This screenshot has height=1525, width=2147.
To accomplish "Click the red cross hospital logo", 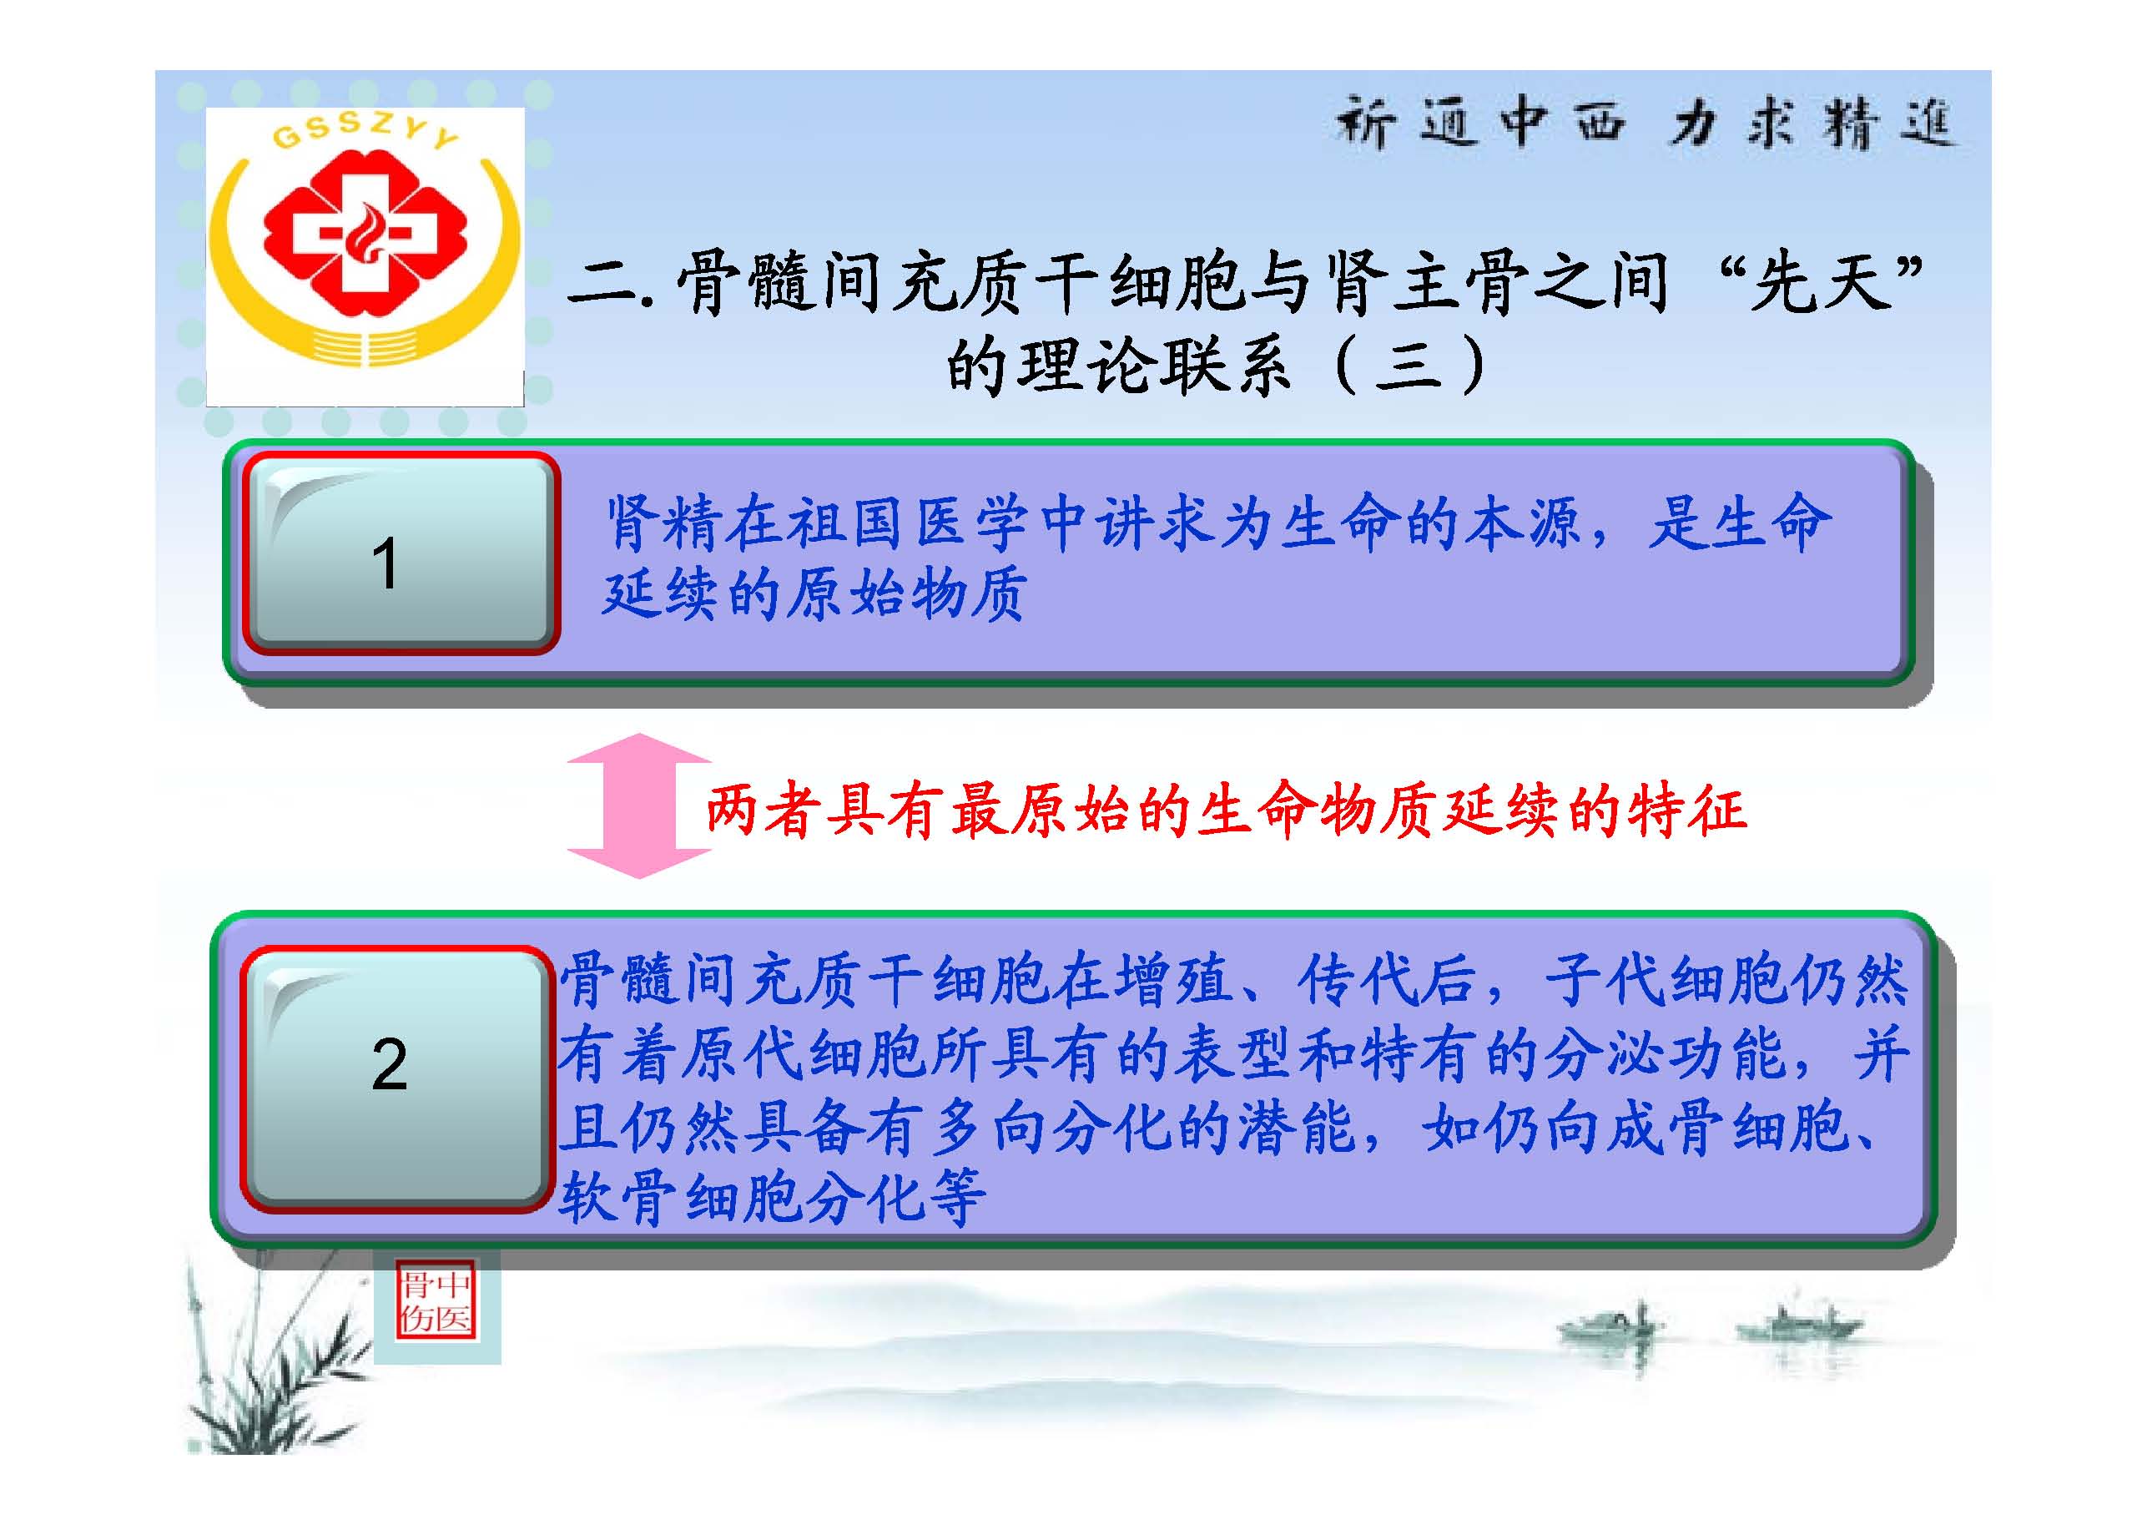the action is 365,234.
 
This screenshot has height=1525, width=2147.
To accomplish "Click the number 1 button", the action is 402,554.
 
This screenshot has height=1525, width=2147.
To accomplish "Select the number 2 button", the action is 397,1078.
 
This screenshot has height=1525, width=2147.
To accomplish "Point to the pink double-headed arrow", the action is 639,805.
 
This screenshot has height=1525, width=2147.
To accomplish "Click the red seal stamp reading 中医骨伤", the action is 436,1301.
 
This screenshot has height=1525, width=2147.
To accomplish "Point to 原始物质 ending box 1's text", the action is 906,594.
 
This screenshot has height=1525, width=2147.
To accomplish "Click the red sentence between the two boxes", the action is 1226,810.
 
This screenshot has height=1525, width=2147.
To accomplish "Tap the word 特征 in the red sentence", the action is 1687,810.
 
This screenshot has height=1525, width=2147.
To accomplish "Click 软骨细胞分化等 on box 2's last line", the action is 772,1197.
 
